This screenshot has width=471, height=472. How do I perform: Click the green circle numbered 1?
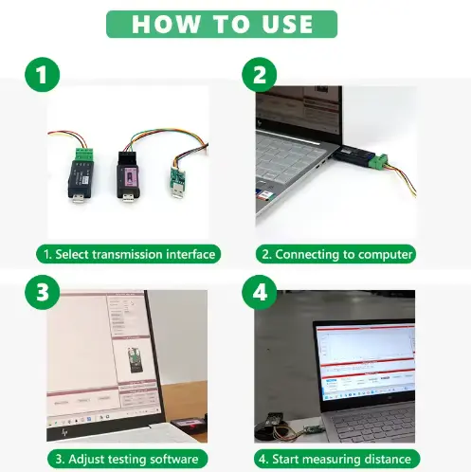38,75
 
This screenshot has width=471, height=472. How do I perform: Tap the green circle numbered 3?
38,291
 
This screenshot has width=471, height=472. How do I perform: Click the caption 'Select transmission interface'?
129,254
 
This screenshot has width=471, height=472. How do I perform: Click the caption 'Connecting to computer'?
336,254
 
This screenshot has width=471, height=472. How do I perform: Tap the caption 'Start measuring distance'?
336,459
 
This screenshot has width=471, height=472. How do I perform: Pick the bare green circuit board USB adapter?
176,176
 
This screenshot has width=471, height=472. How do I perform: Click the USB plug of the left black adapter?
73,196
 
